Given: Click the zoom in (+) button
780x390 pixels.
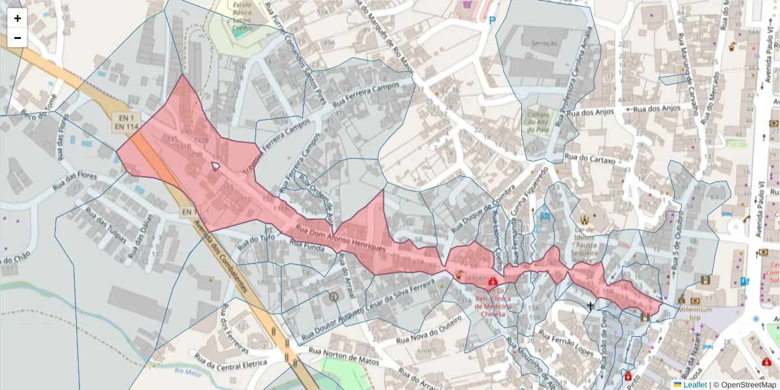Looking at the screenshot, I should [18, 18].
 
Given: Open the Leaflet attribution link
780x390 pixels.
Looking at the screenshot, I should [695, 385].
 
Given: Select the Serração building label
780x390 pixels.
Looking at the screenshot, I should [545, 43].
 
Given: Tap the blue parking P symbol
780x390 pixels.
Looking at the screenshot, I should [493, 20].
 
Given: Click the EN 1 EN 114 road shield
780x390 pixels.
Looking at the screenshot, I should [126, 122].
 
